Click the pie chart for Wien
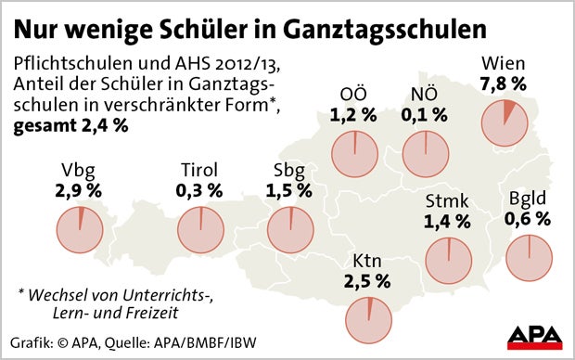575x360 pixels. point(505,122)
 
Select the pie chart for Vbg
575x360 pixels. point(80,228)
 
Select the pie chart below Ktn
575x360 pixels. point(369,316)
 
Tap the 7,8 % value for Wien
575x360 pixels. point(504,84)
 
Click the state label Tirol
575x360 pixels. point(198,170)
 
